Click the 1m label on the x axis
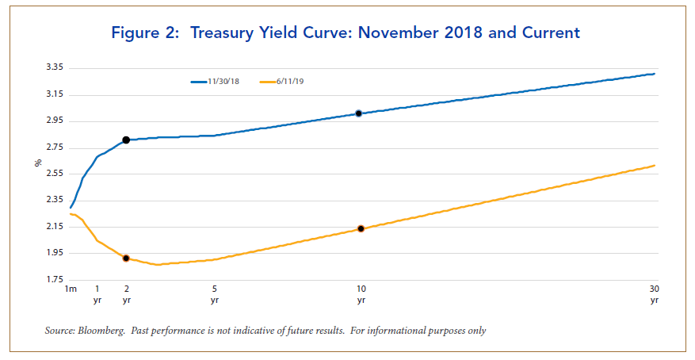(x=70, y=289)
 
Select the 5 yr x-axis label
(x=215, y=294)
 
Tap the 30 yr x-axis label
(x=654, y=294)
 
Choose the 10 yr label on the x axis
(x=361, y=294)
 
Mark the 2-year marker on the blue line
(x=126, y=140)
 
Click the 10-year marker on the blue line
(x=359, y=113)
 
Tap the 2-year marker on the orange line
(x=126, y=259)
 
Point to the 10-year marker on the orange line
(x=361, y=228)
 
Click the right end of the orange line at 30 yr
(x=654, y=166)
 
